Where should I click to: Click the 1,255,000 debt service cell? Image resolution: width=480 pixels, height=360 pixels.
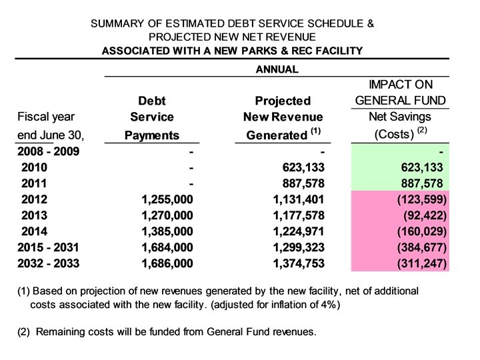coord(167,199)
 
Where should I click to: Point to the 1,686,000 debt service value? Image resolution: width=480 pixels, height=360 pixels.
coord(167,263)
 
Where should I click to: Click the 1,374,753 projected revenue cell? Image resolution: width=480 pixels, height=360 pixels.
coord(293,263)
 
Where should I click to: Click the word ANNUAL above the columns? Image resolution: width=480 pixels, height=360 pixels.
coord(277,69)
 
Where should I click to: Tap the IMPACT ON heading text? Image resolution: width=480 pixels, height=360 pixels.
coord(400,85)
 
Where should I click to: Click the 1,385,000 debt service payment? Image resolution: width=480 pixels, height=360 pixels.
coord(167,231)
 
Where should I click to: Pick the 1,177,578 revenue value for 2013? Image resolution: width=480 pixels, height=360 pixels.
coord(293,215)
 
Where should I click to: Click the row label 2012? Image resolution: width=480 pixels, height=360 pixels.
coord(35,199)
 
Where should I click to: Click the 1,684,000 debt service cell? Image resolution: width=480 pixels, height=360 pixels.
coord(167,247)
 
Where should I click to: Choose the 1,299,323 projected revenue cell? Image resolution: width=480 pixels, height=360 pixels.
coord(293,247)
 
